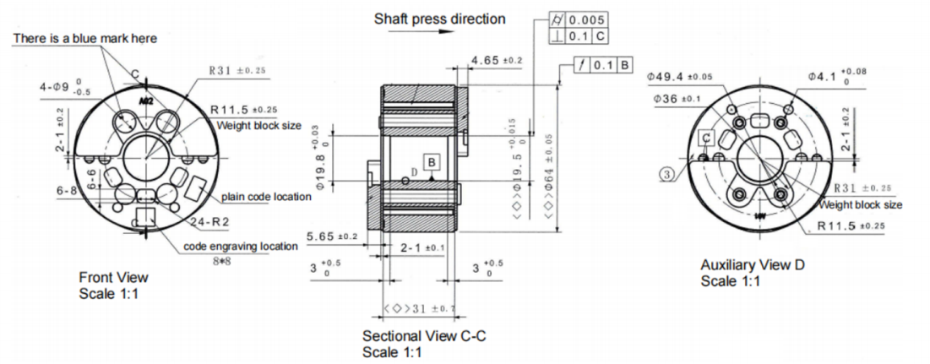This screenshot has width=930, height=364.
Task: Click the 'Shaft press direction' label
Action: point(440,19)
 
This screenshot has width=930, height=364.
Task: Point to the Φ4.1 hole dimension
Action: point(836,77)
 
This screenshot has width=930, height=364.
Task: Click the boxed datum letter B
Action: point(431,161)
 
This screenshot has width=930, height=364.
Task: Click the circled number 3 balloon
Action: point(667,174)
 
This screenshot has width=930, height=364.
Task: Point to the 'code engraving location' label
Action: point(241,246)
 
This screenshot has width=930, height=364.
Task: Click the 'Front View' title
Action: point(113,276)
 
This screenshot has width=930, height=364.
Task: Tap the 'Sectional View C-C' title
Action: point(424,335)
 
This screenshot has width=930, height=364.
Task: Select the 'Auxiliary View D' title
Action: point(753,265)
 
